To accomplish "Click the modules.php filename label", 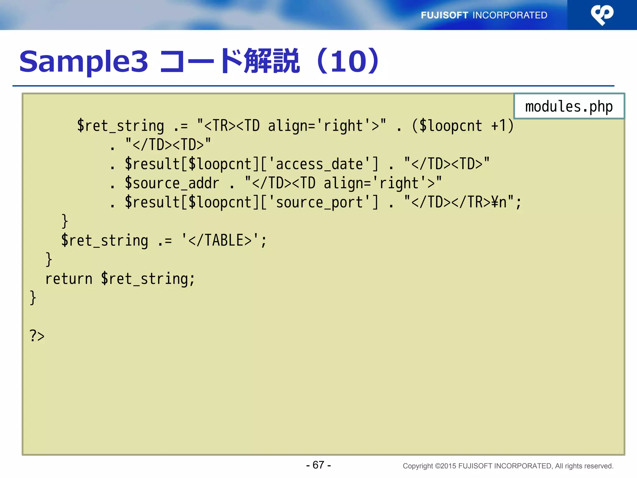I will [x=569, y=106].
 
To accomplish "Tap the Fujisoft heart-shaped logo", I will [x=602, y=15].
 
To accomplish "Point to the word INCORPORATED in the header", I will [x=510, y=15].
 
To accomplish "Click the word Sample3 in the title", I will [x=84, y=61].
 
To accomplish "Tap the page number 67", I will [x=318, y=465].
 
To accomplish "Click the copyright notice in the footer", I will [x=508, y=466].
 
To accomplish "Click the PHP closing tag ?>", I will [x=37, y=336].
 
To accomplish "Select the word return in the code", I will [x=69, y=279].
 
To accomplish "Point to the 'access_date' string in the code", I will [x=319, y=164].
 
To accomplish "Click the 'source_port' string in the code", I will [x=319, y=202].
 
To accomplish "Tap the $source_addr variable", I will [x=172, y=183].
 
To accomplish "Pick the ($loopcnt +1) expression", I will [x=463, y=126].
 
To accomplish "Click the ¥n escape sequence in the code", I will [x=499, y=202].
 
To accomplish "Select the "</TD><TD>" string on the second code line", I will [x=168, y=145].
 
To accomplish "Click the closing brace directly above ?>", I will [x=33, y=298].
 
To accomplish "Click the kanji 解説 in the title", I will [x=272, y=61].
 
